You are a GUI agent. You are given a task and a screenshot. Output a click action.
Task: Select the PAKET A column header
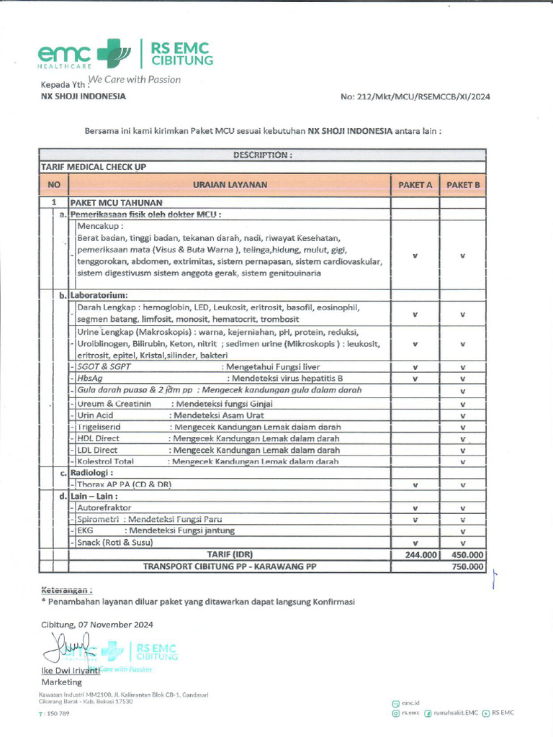(415, 185)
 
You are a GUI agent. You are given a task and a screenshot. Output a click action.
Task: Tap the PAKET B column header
(462, 185)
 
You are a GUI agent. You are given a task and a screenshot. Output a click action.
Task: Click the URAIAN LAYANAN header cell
(230, 185)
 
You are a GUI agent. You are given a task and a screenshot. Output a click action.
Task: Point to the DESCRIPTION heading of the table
(262, 154)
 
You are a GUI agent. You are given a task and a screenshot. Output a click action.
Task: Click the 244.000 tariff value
(415, 555)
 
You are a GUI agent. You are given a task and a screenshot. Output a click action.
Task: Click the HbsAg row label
(90, 378)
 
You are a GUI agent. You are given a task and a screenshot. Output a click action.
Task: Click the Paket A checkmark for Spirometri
(415, 519)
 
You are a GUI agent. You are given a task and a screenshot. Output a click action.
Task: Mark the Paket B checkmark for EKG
(462, 531)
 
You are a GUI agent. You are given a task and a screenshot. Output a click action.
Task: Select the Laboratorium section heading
(99, 295)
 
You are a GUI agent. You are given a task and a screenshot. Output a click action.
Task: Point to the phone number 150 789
(57, 713)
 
